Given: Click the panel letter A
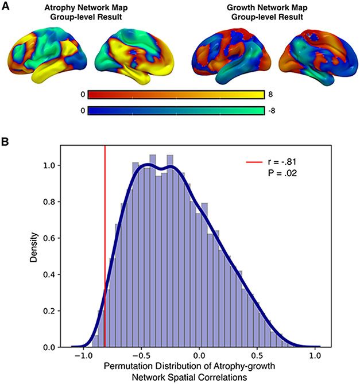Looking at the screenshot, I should point(6,6).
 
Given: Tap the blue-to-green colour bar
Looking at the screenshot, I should point(175,110).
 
